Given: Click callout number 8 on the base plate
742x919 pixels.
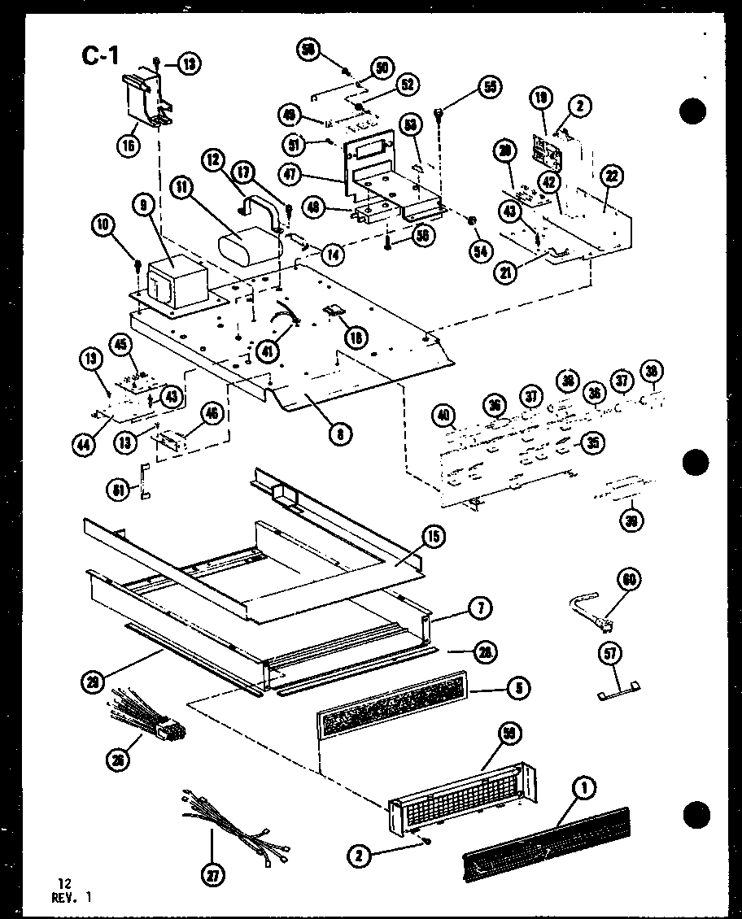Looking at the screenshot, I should click(341, 433).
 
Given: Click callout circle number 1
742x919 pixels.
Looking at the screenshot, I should click(583, 786).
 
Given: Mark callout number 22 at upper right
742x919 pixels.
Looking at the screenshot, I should click(612, 176).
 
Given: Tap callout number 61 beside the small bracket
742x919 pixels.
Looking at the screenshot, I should click(118, 489).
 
